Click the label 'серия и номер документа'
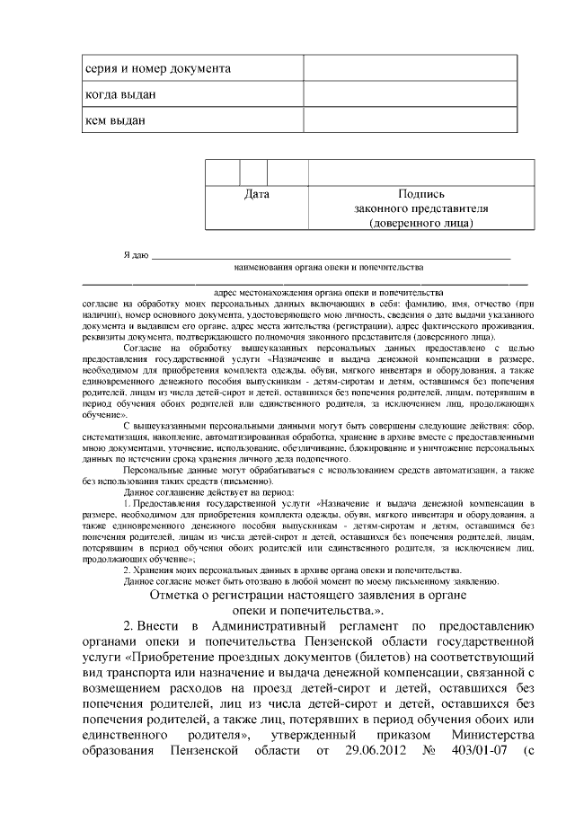[x=157, y=69]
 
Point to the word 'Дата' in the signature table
[x=256, y=193]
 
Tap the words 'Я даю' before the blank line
[x=136, y=256]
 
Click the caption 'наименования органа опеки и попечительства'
[x=328, y=268]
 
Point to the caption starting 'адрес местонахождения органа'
[x=328, y=293]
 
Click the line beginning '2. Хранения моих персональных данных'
[x=292, y=570]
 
